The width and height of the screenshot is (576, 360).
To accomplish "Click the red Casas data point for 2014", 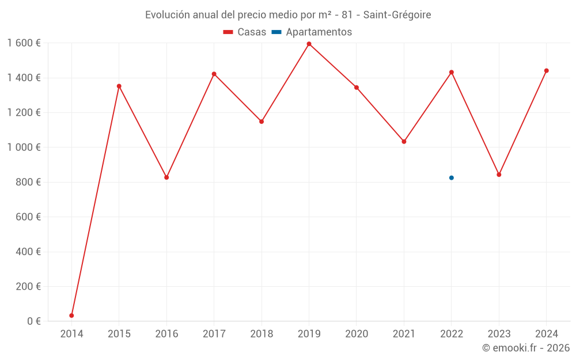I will coord(71,316).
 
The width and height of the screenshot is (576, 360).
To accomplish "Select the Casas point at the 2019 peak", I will coord(309,44).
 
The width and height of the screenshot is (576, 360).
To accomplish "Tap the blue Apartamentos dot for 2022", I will coord(452,178).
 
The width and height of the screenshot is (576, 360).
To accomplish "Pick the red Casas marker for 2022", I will coord(452,72).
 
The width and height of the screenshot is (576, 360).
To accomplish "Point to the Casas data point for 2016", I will coord(166,177).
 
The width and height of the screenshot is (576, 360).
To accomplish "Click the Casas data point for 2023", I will coord(499,175).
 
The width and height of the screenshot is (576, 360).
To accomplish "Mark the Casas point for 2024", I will coord(547,71).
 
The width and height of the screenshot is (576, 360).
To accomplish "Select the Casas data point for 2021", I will coord(404,142).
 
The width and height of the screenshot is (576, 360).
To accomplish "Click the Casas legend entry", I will coord(245,32).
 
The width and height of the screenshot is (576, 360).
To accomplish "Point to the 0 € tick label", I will coord(34,321).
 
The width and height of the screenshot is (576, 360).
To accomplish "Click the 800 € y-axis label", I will coord(28,182).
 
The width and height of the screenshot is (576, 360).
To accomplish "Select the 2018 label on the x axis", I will coord(262,334).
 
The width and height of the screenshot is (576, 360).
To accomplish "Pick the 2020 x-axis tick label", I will coord(357,334).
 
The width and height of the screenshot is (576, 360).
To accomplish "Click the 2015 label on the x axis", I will coord(119,334).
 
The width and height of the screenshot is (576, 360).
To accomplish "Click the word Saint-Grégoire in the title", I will coord(397,15).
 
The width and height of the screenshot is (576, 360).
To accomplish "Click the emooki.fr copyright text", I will coord(526,348).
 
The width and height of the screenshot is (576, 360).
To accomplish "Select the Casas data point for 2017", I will coord(214,74).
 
